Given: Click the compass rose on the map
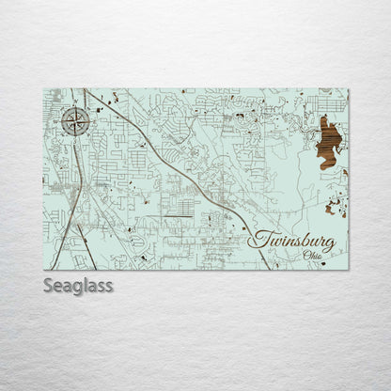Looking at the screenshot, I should [x=77, y=120].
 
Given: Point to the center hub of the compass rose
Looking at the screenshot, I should [x=77, y=120].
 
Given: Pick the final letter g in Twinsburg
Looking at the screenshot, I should [x=328, y=243].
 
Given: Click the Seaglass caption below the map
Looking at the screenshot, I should [x=78, y=285].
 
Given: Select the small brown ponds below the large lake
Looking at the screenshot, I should [x=335, y=207].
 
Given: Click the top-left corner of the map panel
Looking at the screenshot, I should [x=44, y=88].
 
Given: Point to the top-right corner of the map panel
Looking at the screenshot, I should [x=348, y=88].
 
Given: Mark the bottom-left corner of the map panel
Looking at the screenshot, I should [x=44, y=270].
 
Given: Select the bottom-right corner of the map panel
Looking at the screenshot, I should [x=348, y=270].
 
